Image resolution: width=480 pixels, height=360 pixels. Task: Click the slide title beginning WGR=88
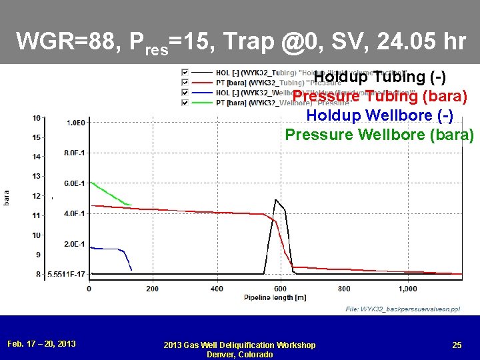[x=241, y=43]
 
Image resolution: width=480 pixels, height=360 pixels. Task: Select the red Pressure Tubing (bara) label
[x=379, y=97]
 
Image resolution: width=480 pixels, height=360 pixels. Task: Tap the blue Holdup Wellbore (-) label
[x=379, y=115]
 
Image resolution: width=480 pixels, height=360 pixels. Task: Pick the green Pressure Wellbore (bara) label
[x=379, y=135]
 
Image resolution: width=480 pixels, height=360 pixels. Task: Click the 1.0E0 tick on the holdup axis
[x=74, y=122]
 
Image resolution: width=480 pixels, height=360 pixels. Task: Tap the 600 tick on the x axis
[x=280, y=289]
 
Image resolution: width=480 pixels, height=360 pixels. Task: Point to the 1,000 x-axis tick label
[x=407, y=289]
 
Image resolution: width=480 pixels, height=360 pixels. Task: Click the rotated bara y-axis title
[x=7, y=197]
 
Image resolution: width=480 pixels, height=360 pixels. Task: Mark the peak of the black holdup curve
[x=275, y=200]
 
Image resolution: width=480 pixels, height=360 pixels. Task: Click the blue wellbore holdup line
[x=107, y=249]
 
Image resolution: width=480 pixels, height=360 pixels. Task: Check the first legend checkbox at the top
[x=185, y=72]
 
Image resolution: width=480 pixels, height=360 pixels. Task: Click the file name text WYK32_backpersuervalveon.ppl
[x=402, y=309]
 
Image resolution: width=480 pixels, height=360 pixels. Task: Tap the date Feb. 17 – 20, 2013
[x=41, y=344]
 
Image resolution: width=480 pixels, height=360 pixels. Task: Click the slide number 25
[x=457, y=345]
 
